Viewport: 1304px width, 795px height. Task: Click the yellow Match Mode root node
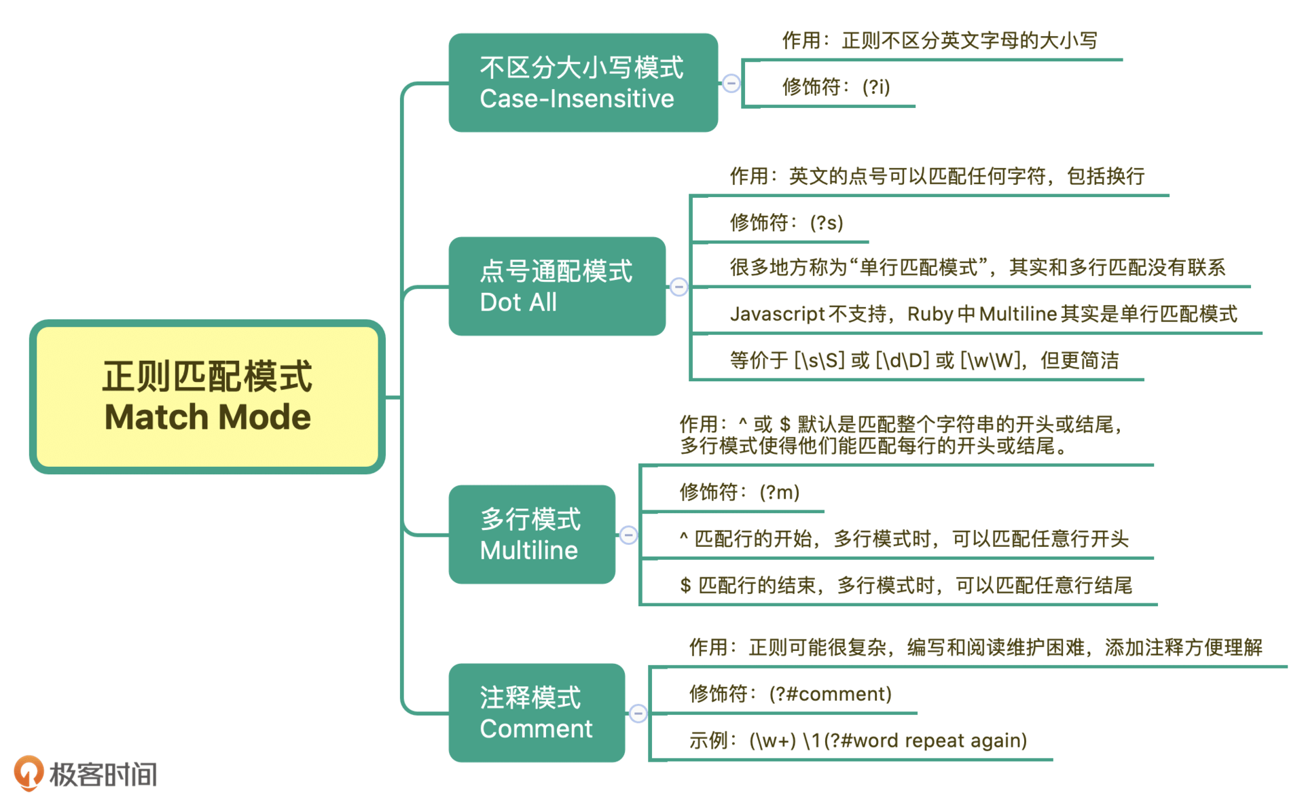point(207,397)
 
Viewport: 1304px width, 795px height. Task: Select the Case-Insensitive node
point(583,83)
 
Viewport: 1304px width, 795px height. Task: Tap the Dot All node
point(557,286)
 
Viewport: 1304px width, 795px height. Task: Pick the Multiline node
point(532,534)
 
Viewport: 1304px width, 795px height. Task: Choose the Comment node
point(537,713)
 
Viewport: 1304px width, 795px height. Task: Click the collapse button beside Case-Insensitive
point(731,84)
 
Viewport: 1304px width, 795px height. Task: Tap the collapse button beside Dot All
point(678,287)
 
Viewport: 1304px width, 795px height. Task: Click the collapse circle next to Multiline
point(628,535)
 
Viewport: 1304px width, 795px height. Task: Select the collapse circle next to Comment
point(638,713)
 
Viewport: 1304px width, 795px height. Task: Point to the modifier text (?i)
point(875,87)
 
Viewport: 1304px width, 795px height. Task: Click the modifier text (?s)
point(827,223)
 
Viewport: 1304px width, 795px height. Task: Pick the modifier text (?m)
point(779,492)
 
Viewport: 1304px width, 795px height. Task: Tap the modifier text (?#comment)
point(830,694)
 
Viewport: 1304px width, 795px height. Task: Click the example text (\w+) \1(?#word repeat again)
point(888,740)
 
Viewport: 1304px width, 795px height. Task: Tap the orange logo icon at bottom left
point(29,773)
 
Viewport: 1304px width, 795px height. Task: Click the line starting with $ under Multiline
point(905,585)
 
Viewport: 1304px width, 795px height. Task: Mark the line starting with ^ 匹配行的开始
point(903,539)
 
